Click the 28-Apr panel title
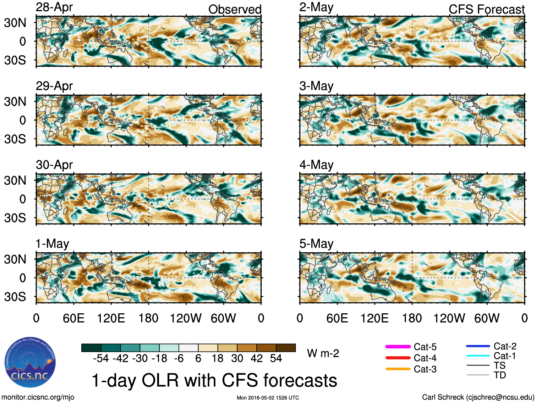click(x=54, y=7)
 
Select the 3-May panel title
click(x=316, y=86)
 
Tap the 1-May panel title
click(x=52, y=244)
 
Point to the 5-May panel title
click(x=316, y=244)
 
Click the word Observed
click(x=235, y=10)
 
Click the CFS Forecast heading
click(x=486, y=10)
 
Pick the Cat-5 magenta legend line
click(x=398, y=347)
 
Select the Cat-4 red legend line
click(x=398, y=358)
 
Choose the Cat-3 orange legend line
click(x=398, y=369)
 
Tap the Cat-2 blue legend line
click(x=478, y=346)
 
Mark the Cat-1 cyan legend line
click(x=478, y=356)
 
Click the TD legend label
click(x=500, y=375)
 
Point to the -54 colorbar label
click(x=101, y=358)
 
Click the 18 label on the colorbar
click(x=218, y=358)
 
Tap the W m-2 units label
click(x=323, y=353)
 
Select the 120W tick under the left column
click(x=186, y=318)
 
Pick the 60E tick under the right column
click(x=337, y=318)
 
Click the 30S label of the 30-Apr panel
click(x=15, y=218)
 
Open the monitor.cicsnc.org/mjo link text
click(x=38, y=397)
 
